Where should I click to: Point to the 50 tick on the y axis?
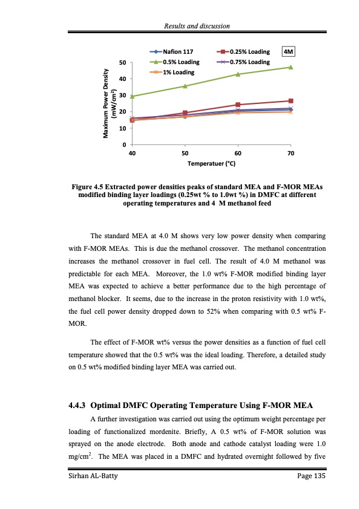coord(122,62)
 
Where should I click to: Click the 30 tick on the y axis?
coord(122,96)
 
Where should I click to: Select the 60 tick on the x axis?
coord(238,154)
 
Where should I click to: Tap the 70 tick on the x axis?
coord(291,154)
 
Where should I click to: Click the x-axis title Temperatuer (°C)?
coord(211,164)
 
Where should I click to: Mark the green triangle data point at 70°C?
coord(291,67)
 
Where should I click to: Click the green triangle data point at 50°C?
coord(185,86)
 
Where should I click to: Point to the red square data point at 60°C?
coord(238,105)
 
